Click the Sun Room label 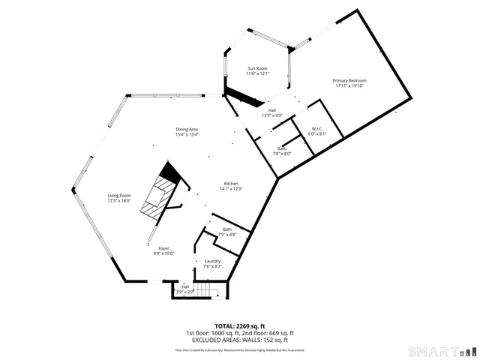(x=258, y=69)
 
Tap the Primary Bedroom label (x=349, y=80)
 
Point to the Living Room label (x=119, y=196)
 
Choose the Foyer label (x=163, y=248)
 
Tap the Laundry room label (x=213, y=262)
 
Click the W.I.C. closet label (x=318, y=129)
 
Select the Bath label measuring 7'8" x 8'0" (x=282, y=148)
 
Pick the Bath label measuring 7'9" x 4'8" (x=226, y=229)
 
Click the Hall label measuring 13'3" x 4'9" (x=272, y=111)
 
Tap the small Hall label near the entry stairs (x=185, y=286)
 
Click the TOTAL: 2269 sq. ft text (x=240, y=326)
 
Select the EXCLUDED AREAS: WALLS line (x=240, y=340)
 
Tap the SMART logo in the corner (x=441, y=351)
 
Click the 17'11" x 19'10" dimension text (x=349, y=85)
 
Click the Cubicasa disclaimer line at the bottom (x=240, y=349)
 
